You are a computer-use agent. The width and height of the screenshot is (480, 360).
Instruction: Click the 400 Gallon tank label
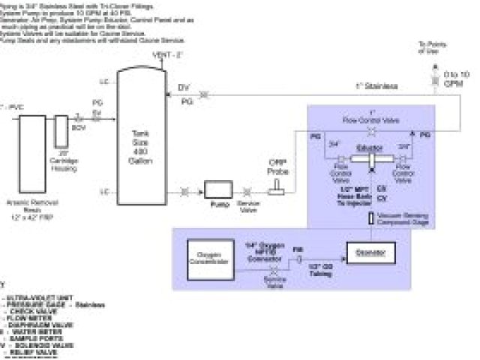point(139,142)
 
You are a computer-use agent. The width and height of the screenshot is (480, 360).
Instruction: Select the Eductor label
point(367,148)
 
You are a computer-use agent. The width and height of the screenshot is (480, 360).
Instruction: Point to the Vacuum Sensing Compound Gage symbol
point(370,219)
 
